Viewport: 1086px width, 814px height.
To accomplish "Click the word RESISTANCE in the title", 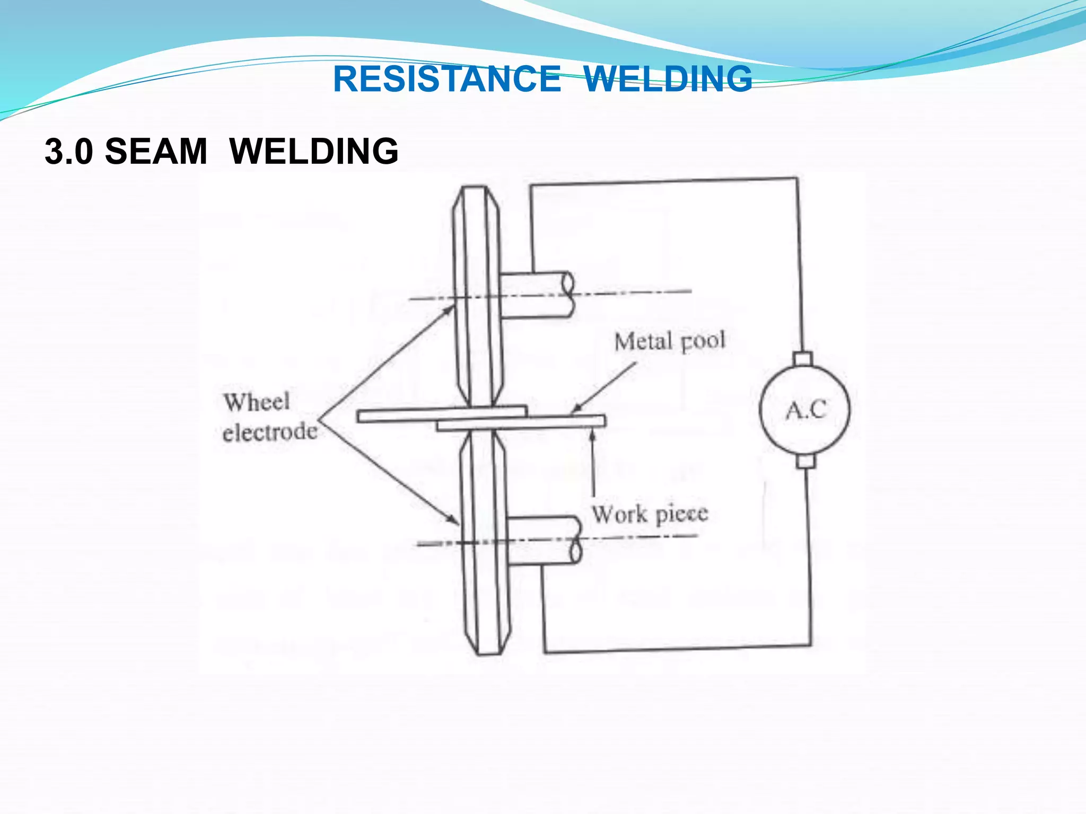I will (x=446, y=79).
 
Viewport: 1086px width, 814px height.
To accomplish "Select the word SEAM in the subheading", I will (x=156, y=152).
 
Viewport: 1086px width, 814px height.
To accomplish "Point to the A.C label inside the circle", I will (x=805, y=410).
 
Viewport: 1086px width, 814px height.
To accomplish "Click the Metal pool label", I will (x=669, y=341).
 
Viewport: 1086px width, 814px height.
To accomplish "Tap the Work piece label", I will (x=650, y=514).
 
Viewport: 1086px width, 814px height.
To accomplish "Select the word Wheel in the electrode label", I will (x=257, y=402).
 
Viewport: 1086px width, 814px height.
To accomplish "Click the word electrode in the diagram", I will (x=270, y=432).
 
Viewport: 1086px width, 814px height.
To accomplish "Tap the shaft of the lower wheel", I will (x=544, y=541).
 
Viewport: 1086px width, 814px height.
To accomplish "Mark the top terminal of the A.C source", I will (x=803, y=359).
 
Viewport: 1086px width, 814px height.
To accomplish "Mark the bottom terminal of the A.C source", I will (x=805, y=461).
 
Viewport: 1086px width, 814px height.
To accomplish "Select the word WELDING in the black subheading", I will (x=314, y=152).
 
